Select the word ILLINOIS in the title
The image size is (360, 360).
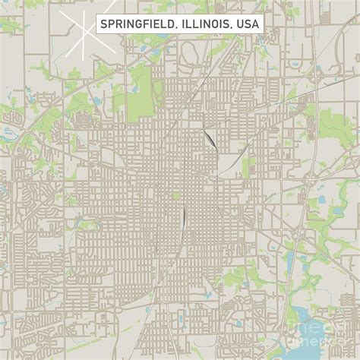(206, 24)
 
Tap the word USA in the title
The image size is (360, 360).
(248, 24)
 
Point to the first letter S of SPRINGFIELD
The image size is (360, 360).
(103, 24)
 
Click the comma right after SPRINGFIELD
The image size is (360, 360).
(177, 28)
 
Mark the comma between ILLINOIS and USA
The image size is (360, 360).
(232, 28)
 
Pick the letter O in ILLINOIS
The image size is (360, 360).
(215, 24)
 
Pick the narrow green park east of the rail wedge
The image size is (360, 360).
(245, 164)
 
